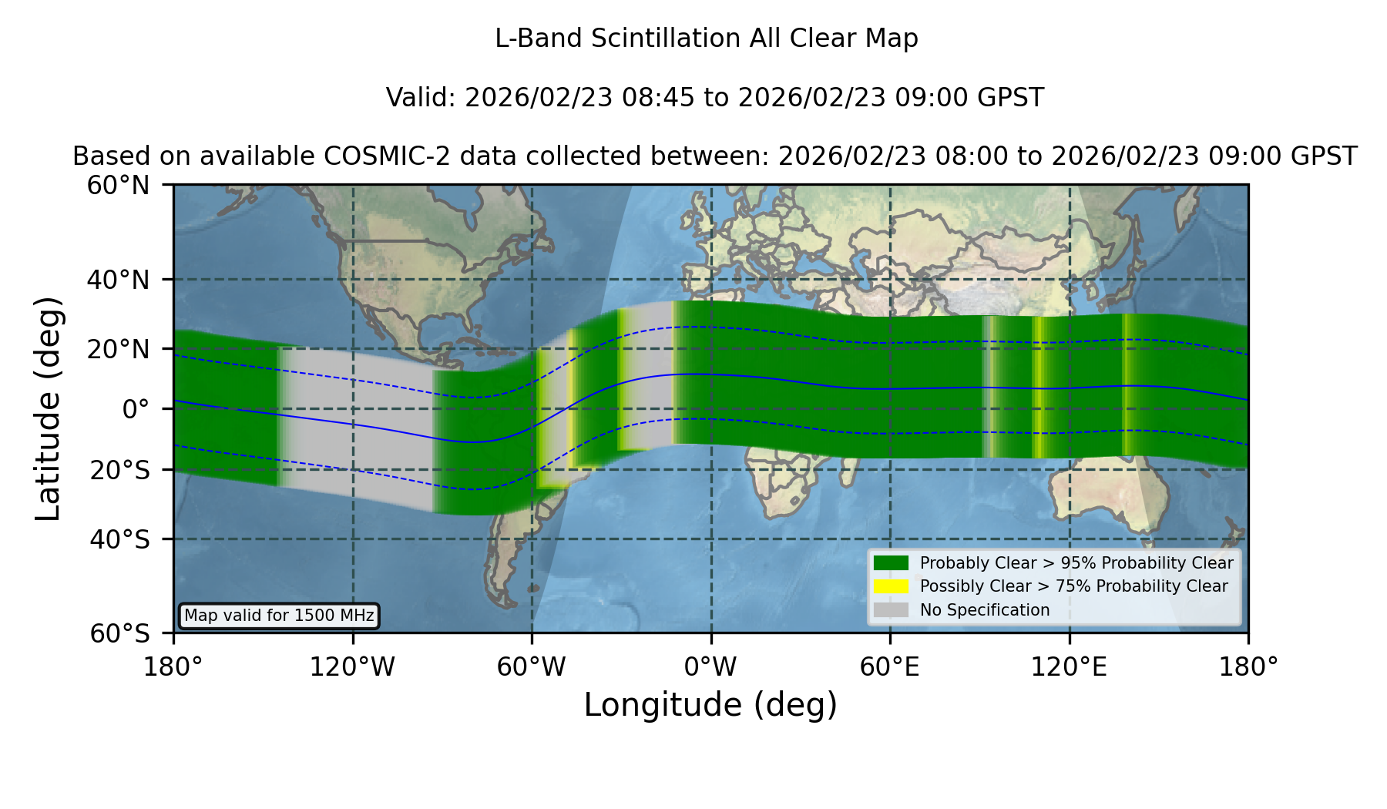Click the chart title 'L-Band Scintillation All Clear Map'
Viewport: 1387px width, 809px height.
click(707, 39)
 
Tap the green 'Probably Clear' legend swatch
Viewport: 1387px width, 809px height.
click(891, 562)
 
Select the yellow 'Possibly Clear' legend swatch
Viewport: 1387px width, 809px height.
click(891, 586)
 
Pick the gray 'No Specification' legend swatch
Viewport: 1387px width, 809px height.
click(891, 610)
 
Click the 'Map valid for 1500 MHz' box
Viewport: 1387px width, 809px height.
click(279, 616)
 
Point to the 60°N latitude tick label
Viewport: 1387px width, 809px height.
click(118, 186)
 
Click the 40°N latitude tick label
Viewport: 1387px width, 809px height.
click(118, 280)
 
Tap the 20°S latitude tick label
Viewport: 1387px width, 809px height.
click(119, 470)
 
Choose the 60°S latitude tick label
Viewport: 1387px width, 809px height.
click(119, 633)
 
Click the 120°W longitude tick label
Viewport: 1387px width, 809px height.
click(352, 666)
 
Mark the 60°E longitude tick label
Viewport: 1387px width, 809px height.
click(890, 666)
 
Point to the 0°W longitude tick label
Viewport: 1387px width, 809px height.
click(710, 666)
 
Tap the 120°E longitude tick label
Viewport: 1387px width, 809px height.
click(1069, 666)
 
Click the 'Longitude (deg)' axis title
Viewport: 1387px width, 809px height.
click(710, 705)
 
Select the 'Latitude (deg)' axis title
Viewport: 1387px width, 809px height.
click(49, 408)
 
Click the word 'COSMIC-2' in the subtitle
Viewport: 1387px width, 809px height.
click(375, 156)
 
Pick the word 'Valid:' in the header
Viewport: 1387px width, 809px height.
click(421, 98)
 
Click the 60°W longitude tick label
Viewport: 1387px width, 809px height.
click(532, 666)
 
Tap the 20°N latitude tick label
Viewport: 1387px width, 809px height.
click(118, 350)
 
